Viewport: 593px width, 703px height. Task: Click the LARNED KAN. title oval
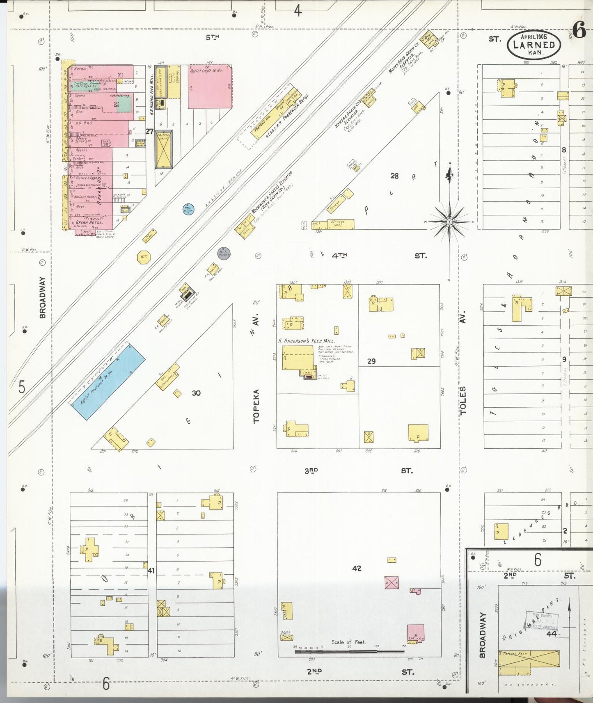pos(534,45)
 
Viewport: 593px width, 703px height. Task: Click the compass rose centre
pos(450,222)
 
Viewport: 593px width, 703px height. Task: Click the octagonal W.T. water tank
pos(144,257)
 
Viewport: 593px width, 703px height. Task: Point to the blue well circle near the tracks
pos(188,209)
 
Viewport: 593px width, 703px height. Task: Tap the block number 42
pos(357,568)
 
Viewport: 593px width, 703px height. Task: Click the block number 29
pos(371,361)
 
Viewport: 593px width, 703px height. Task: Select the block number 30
pos(196,393)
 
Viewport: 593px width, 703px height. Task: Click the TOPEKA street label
pos(256,406)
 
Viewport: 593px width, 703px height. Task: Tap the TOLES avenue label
pos(463,401)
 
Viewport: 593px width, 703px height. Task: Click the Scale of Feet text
pos(348,642)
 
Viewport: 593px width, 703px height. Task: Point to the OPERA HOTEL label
pos(89,222)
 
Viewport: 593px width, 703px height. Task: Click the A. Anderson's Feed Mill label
pos(306,341)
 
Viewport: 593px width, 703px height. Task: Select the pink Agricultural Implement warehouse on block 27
pos(210,87)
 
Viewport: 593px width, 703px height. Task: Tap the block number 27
pos(149,132)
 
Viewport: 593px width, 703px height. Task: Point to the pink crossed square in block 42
pos(392,582)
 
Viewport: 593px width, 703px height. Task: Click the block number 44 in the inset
pos(551,634)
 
